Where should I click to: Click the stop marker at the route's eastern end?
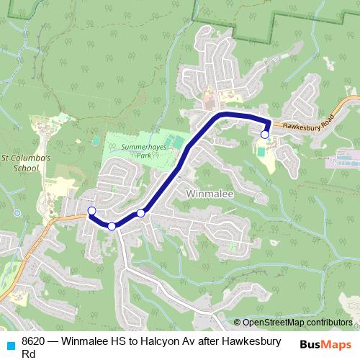pyautogui.click(x=265, y=135)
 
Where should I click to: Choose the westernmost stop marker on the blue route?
pyautogui.click(x=91, y=210)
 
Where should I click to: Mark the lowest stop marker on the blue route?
pyautogui.click(x=112, y=226)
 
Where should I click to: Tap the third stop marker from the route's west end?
pyautogui.click(x=141, y=213)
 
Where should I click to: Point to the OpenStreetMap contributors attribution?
pyautogui.click(x=297, y=323)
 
